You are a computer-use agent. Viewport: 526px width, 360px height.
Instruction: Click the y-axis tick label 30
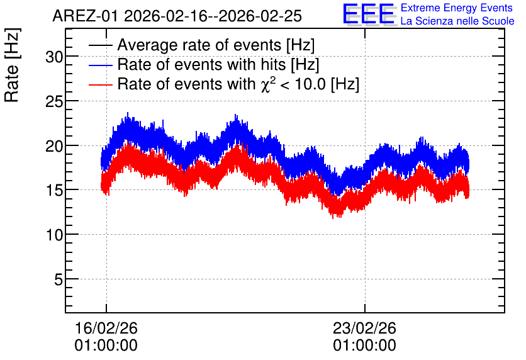[x=54, y=57]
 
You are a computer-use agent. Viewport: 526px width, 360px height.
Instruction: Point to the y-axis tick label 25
[x=54, y=102]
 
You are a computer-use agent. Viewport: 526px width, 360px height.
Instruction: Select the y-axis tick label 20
[x=54, y=146]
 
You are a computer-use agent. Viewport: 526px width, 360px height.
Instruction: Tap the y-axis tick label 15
[x=54, y=191]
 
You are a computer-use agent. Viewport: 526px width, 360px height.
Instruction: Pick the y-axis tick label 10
[x=54, y=235]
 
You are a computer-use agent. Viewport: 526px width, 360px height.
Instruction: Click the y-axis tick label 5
[x=59, y=279]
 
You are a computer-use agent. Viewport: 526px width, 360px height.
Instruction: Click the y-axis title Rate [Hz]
[x=12, y=65]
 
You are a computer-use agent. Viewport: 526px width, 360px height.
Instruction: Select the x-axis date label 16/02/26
[x=106, y=328]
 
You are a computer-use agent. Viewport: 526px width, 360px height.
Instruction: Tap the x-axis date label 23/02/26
[x=365, y=328]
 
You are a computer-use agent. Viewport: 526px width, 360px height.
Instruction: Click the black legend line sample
[x=100, y=45]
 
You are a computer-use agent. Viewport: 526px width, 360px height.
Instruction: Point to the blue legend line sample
[x=100, y=65]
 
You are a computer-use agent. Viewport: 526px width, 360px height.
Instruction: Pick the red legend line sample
[x=100, y=84]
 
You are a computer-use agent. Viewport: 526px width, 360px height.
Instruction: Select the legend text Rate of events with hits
[x=201, y=64]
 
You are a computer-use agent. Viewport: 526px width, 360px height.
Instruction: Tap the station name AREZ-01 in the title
[x=86, y=16]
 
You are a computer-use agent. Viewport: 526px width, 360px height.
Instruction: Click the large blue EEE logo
[x=369, y=14]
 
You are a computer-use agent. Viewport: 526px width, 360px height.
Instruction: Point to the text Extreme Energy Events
[x=457, y=8]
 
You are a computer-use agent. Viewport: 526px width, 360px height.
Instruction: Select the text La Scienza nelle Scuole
[x=457, y=21]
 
